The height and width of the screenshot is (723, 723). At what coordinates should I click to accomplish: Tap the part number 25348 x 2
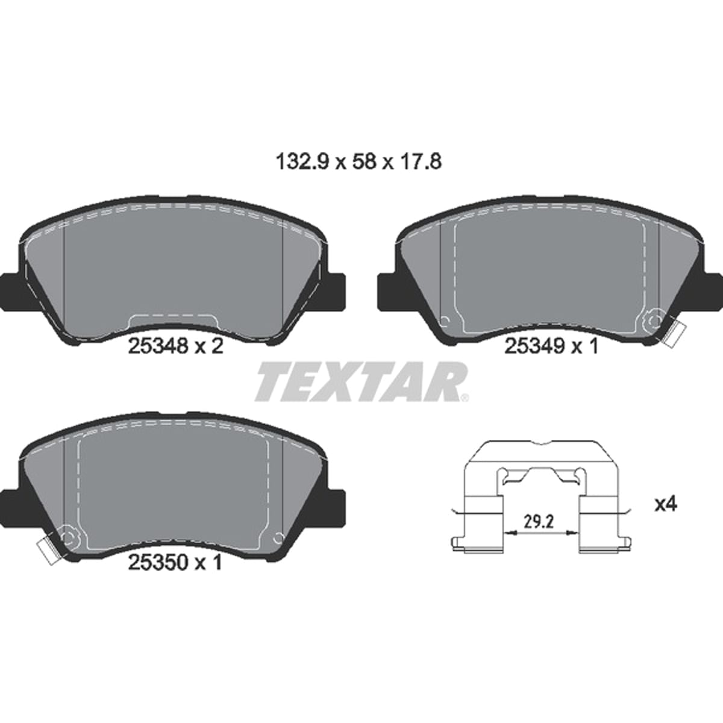pyautogui.click(x=176, y=346)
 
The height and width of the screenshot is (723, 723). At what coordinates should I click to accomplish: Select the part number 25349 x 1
pyautogui.click(x=551, y=346)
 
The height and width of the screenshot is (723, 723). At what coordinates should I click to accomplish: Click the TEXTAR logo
pyautogui.click(x=360, y=381)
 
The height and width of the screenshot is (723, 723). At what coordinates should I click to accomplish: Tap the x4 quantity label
pyautogui.click(x=665, y=505)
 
